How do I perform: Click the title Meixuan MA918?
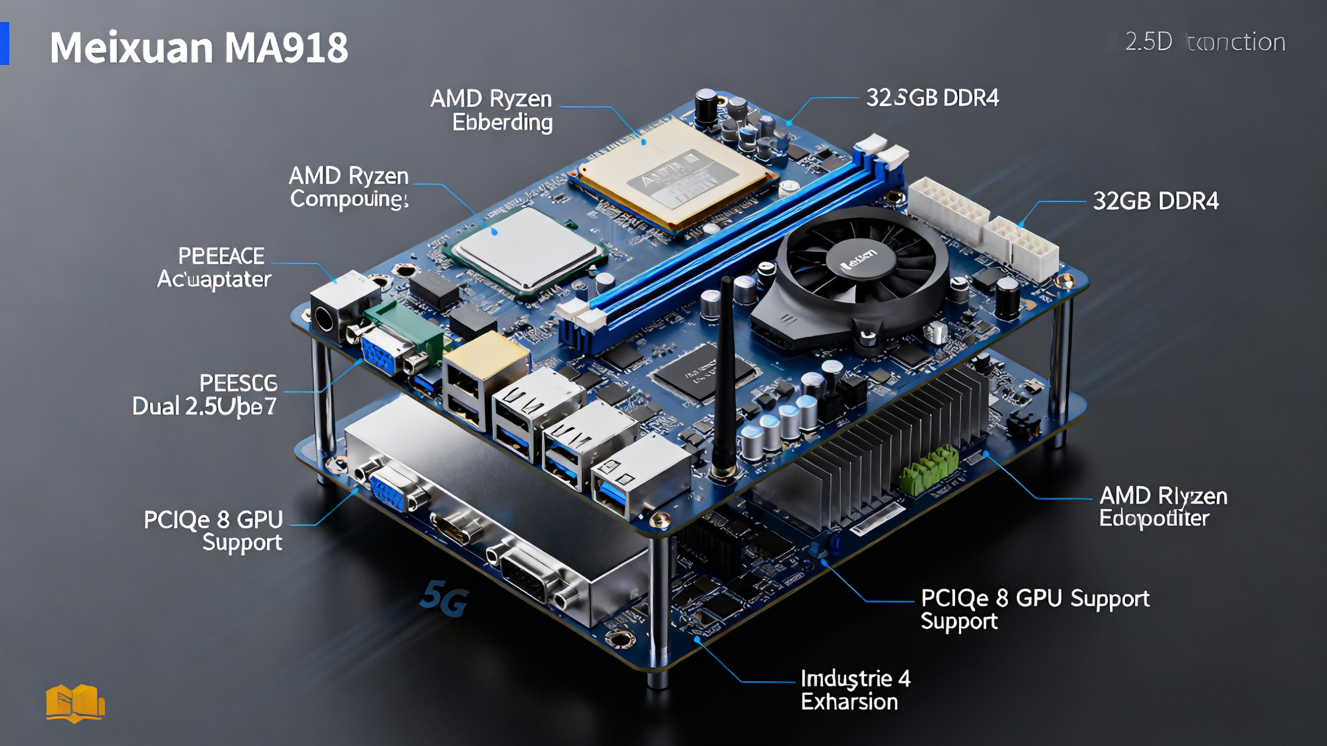tap(199, 48)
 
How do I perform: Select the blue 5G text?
tap(443, 599)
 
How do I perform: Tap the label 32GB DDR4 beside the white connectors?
tap(1155, 201)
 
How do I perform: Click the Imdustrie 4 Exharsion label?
tap(855, 691)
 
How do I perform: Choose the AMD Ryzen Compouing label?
tap(349, 188)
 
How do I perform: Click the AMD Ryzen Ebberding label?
tap(492, 110)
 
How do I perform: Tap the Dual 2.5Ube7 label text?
tap(205, 406)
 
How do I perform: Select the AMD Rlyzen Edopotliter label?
tap(1163, 507)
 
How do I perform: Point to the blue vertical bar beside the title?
tap(5, 43)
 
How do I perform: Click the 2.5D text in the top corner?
tap(1148, 42)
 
